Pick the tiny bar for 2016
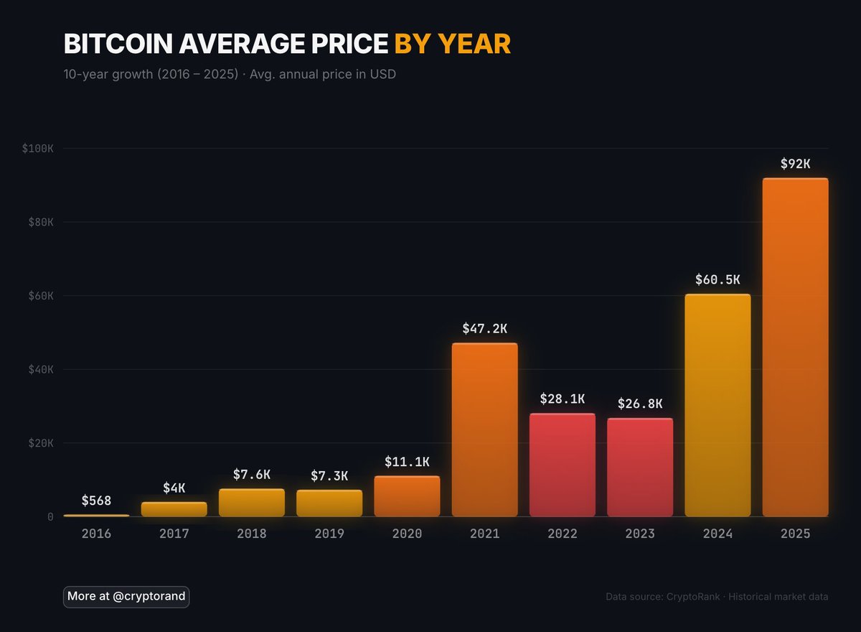point(96,515)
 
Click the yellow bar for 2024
point(717,405)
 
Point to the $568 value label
point(96,501)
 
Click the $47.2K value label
point(484,329)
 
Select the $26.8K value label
point(640,404)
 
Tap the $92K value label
point(795,164)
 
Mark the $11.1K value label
point(407,462)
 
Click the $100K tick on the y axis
point(37,149)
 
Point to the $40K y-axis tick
point(40,369)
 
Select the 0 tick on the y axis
point(50,516)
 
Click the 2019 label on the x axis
point(329,534)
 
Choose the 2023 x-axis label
point(640,534)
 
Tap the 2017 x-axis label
point(174,534)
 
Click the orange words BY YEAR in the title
point(452,45)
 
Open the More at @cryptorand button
point(126,596)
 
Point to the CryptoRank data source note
point(717,597)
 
